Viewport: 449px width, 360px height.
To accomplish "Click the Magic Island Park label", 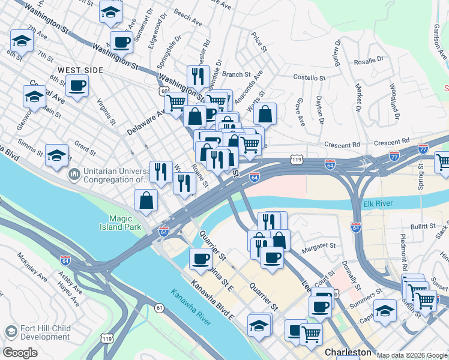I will point(125,222).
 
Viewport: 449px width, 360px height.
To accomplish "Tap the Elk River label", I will point(378,204).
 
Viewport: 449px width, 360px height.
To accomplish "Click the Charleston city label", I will point(347,352).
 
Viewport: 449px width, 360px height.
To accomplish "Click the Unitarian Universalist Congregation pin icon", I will point(74,174).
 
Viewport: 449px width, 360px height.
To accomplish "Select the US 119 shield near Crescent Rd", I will point(295,160).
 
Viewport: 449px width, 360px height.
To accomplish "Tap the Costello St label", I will point(309,77).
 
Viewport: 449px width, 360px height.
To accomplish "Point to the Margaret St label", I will point(319,246).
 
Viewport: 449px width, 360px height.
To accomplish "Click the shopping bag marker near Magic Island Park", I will point(146,202).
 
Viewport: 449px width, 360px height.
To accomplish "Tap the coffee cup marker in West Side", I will point(77,85).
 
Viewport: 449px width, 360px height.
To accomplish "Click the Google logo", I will point(20,353).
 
